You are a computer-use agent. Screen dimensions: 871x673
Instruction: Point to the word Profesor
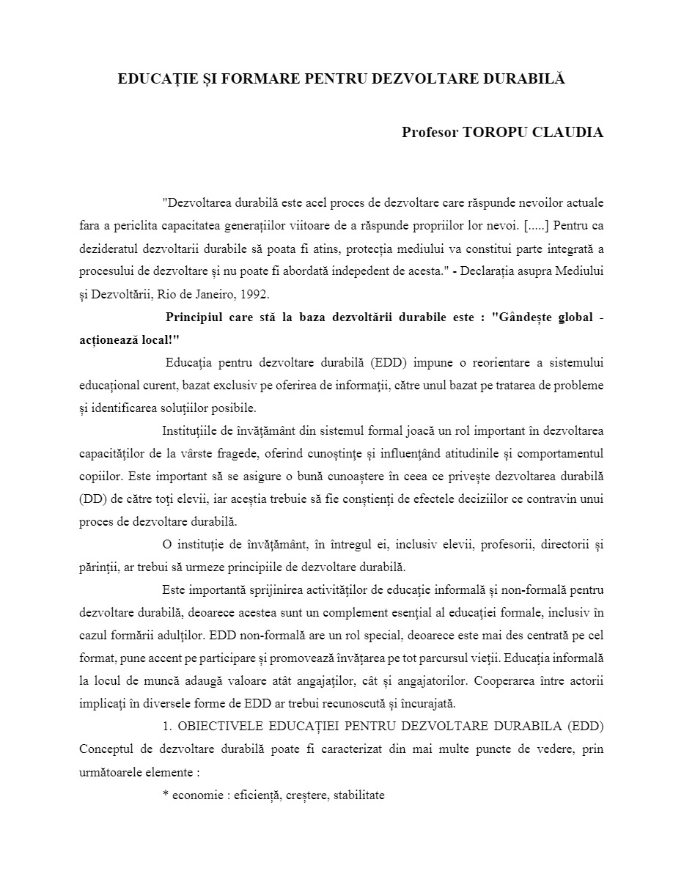tap(430, 133)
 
